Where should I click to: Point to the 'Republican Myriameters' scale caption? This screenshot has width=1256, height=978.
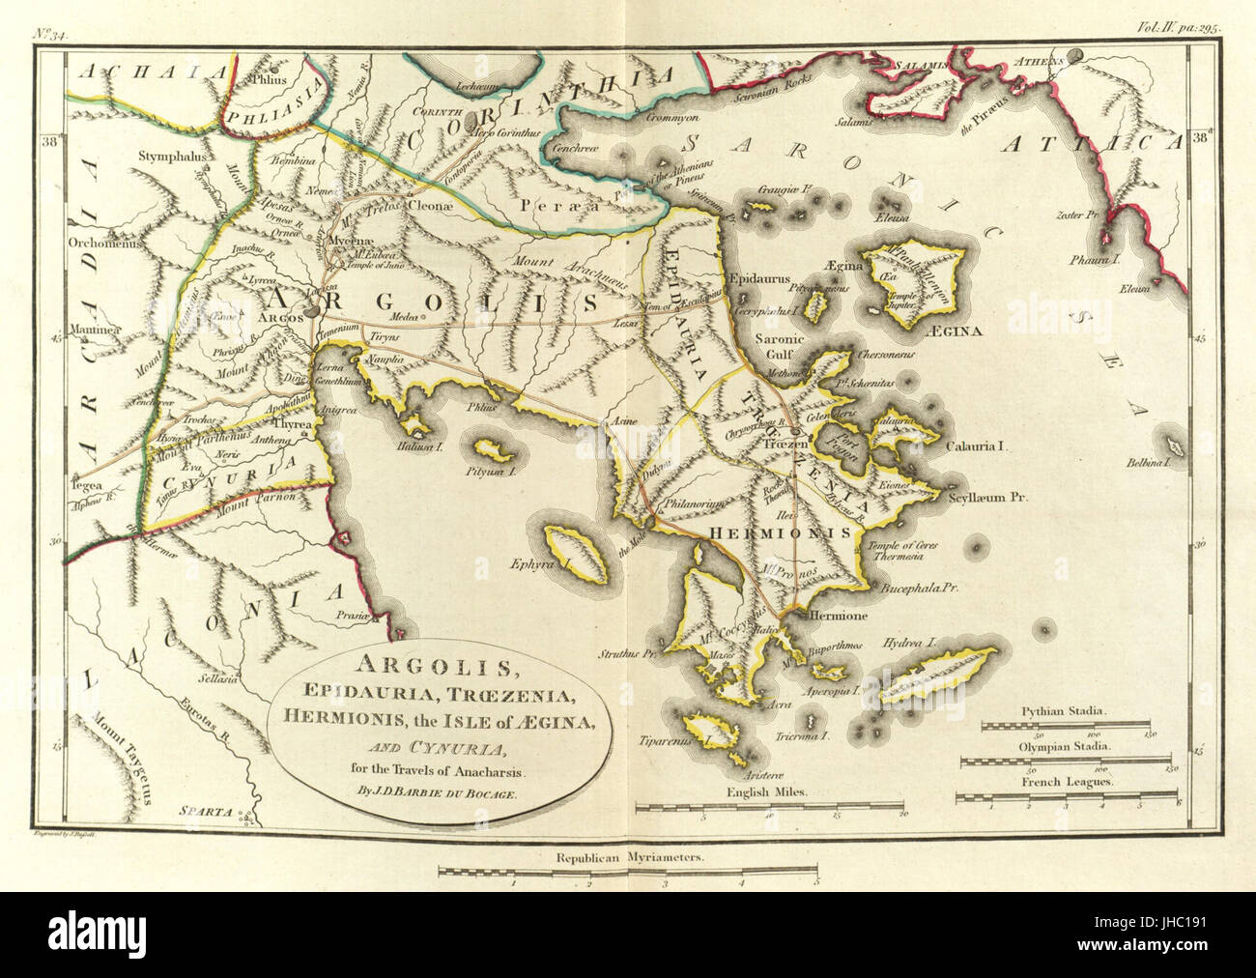(x=627, y=857)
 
